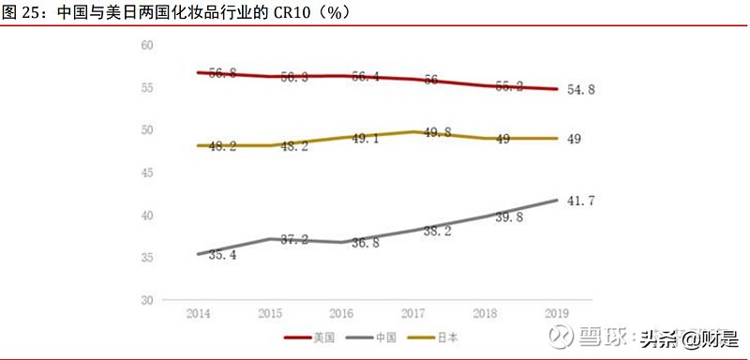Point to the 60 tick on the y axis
pyautogui.click(x=147, y=45)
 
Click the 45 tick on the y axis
pyautogui.click(x=147, y=173)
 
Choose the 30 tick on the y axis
pyautogui.click(x=147, y=301)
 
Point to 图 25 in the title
pyautogui.click(x=21, y=11)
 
